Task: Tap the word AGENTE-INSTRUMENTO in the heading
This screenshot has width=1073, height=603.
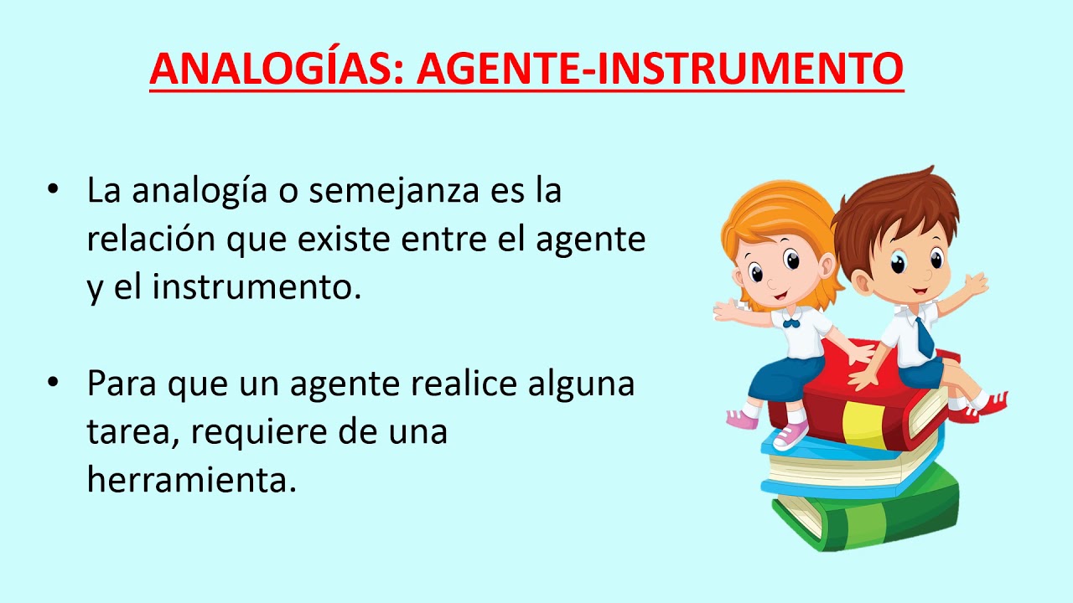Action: [x=661, y=68]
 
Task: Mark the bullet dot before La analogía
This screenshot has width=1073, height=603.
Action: [x=54, y=191]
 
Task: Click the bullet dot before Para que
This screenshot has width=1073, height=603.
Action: [x=54, y=384]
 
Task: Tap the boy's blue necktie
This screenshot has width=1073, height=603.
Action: [x=924, y=337]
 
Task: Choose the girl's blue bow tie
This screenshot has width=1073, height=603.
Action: [x=790, y=321]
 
